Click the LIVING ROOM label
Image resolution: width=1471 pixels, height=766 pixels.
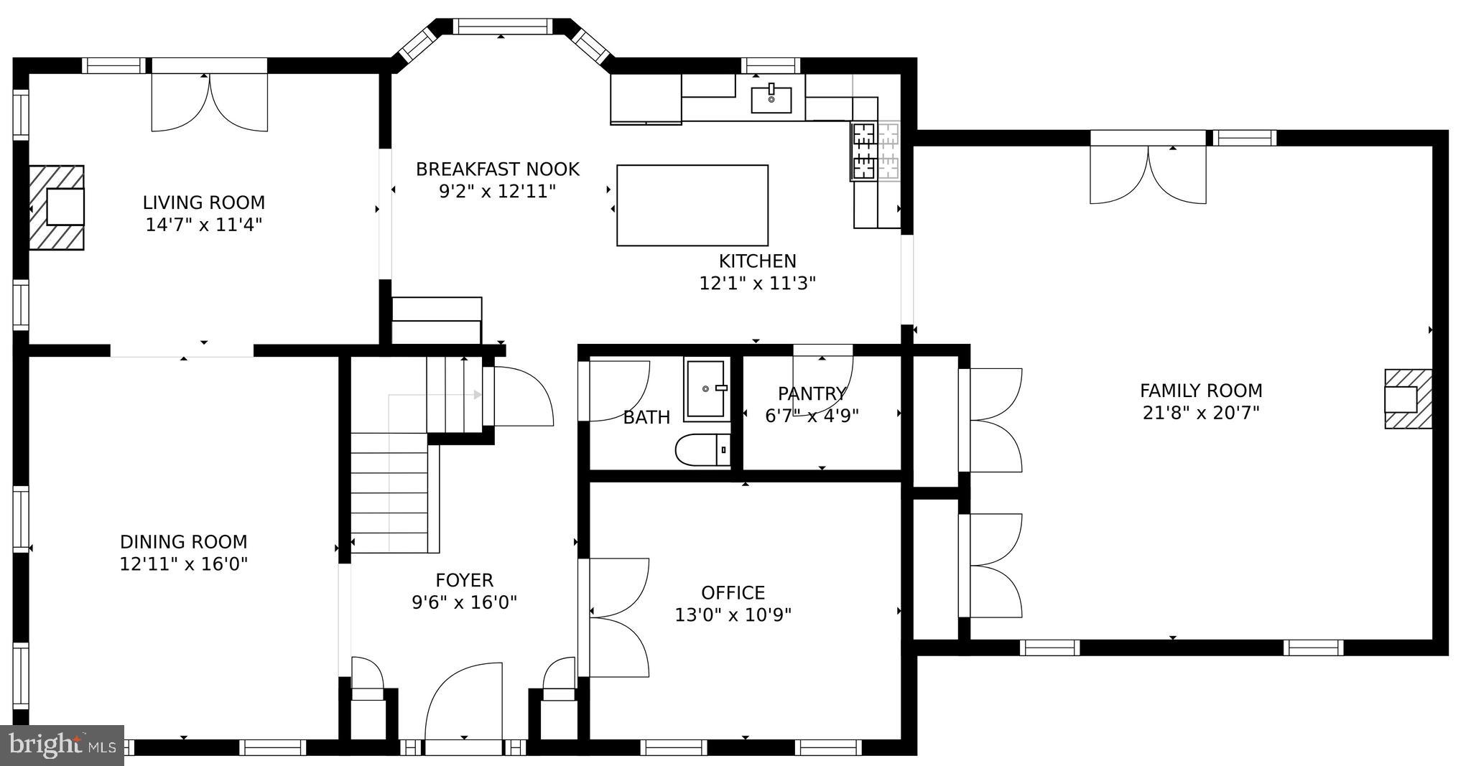point(203,202)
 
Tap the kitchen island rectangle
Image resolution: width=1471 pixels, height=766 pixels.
point(692,205)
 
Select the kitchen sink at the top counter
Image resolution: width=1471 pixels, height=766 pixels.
point(771,99)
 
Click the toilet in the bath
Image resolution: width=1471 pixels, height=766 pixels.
point(702,450)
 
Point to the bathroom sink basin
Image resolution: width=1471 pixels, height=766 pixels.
point(707,389)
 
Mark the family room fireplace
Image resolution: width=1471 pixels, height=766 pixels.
point(1406,399)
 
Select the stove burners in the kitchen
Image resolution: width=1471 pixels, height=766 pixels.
point(875,151)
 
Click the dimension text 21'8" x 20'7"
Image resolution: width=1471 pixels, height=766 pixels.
point(1200,413)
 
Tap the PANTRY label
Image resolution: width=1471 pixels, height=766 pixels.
point(812,393)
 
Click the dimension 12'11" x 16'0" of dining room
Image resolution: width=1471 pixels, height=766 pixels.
point(183,564)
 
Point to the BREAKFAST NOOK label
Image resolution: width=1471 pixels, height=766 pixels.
point(497,169)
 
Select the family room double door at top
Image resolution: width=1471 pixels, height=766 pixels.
point(1148,172)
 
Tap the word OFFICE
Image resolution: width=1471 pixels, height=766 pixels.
point(733,592)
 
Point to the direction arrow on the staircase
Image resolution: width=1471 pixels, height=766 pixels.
point(476,394)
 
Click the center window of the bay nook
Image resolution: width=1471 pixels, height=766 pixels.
point(502,27)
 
